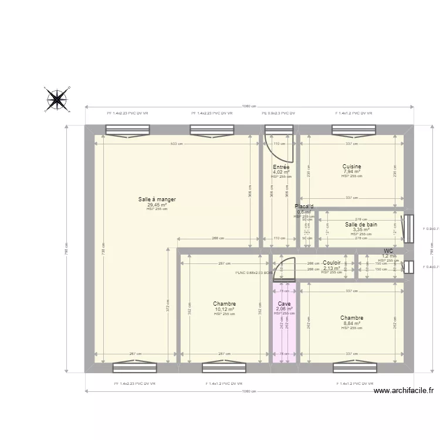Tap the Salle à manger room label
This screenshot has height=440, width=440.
[157, 199]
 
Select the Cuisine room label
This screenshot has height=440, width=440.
[352, 167]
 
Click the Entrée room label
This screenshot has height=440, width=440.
[281, 167]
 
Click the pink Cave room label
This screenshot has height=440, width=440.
[285, 303]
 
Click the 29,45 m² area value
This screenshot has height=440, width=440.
[157, 205]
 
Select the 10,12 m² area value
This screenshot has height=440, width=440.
[224, 309]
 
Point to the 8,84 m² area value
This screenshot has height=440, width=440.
[351, 323]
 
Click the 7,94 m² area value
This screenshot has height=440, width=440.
[352, 172]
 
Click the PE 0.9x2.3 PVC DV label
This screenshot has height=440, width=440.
[278, 113]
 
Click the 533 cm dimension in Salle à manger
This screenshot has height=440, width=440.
[177, 144]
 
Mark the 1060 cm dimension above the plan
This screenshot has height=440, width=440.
[249, 106]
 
